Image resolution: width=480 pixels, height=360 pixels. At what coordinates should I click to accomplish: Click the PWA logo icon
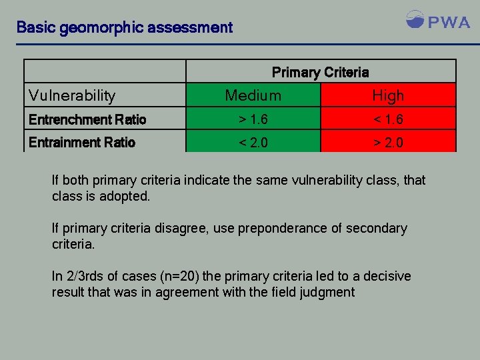click(x=415, y=19)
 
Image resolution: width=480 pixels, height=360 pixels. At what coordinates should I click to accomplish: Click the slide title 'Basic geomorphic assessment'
click(x=125, y=28)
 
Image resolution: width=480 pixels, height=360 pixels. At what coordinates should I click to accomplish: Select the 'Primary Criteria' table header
click(x=320, y=72)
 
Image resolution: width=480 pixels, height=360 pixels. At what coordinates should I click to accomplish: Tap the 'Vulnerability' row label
click(x=72, y=96)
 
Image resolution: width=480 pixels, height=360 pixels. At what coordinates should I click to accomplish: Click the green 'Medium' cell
click(x=253, y=96)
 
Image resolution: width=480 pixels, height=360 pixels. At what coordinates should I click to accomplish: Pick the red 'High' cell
click(x=388, y=96)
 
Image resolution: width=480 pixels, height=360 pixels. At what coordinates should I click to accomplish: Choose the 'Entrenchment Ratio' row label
click(x=87, y=120)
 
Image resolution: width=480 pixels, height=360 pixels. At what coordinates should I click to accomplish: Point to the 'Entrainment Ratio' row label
click(x=82, y=143)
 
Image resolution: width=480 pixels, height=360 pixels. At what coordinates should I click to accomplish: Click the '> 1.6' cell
click(x=253, y=120)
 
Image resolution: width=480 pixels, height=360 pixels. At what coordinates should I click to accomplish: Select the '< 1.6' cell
click(x=388, y=120)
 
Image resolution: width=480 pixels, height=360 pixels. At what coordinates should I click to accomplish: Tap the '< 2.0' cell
click(x=253, y=143)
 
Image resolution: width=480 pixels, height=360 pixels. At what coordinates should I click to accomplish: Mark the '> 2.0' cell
click(x=388, y=143)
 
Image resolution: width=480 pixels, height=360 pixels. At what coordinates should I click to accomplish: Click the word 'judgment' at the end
click(x=329, y=292)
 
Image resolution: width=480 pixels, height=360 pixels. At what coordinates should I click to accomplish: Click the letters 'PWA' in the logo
click(x=449, y=22)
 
